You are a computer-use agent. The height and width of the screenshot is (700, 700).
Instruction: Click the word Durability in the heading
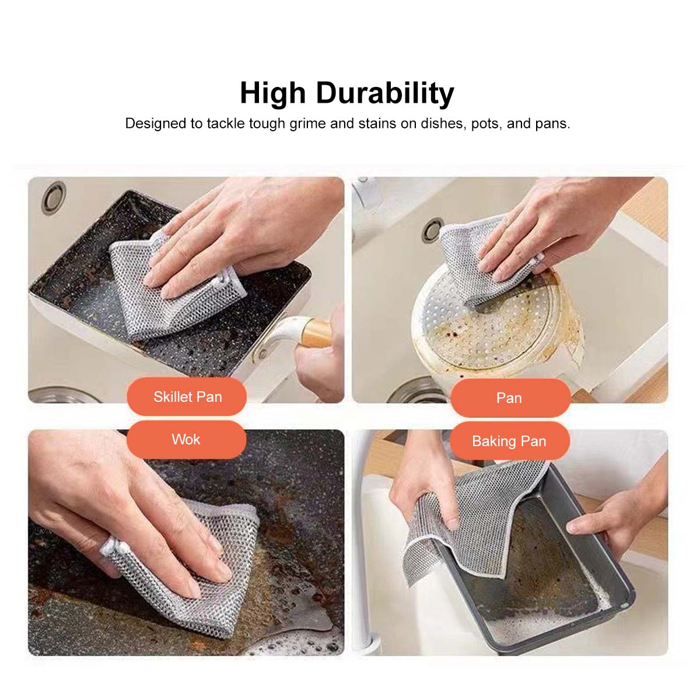(x=385, y=94)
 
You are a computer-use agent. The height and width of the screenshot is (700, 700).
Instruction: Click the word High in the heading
(x=272, y=94)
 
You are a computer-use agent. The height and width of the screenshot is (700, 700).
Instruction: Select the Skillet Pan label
(x=187, y=397)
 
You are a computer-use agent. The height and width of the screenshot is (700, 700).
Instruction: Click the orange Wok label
(x=186, y=440)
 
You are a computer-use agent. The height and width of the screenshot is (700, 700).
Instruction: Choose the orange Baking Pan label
(x=509, y=442)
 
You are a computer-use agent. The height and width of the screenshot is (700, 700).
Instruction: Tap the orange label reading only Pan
(x=510, y=398)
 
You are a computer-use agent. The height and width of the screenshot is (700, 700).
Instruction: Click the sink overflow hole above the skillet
(x=54, y=198)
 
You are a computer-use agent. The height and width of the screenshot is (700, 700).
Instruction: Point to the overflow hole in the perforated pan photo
(x=432, y=230)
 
